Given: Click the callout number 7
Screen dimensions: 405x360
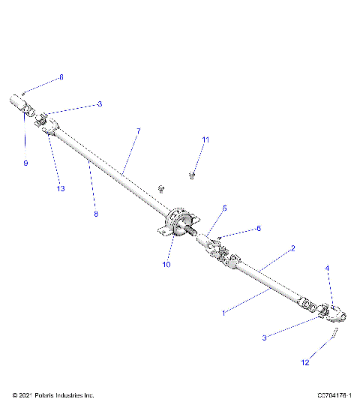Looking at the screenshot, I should pyautogui.click(x=138, y=131).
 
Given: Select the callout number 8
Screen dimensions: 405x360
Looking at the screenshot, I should pyautogui.click(x=95, y=214).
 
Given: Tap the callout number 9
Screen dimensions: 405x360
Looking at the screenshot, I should pyautogui.click(x=25, y=163).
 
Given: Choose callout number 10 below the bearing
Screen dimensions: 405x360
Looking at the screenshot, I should pyautogui.click(x=166, y=264).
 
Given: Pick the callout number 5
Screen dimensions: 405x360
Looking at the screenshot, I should pyautogui.click(x=224, y=208).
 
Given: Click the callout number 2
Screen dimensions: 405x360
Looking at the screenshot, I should pyautogui.click(x=292, y=247).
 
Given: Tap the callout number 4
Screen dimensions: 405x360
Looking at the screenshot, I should pyautogui.click(x=326, y=268).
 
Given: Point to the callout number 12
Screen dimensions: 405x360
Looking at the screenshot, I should pyautogui.click(x=304, y=363).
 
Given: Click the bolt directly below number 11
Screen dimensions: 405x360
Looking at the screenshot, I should pyautogui.click(x=193, y=175).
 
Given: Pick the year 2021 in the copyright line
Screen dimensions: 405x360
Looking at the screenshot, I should pyautogui.click(x=25, y=394).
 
